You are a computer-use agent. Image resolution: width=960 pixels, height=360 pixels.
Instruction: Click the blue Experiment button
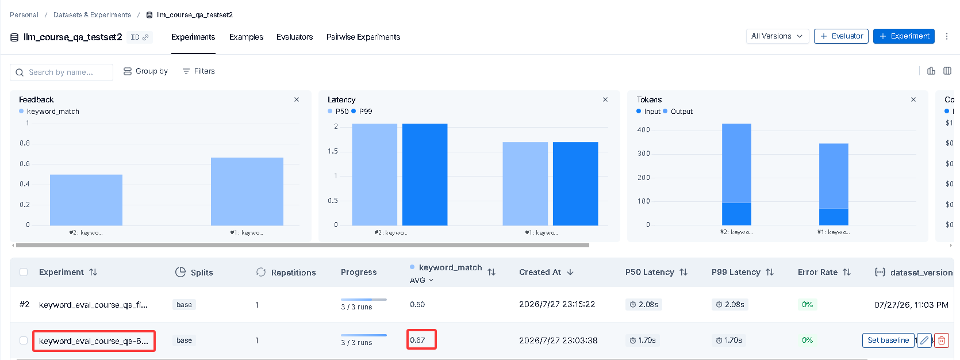(x=904, y=36)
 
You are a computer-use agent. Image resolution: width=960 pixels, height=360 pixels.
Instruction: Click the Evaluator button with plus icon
(x=841, y=36)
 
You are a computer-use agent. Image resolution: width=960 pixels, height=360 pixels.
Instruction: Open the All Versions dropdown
(x=777, y=36)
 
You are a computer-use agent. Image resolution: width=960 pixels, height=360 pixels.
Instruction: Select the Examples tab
(x=246, y=37)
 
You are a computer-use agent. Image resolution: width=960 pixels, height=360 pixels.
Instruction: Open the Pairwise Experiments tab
(x=363, y=37)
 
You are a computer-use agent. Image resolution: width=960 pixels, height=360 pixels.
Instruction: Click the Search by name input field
(x=62, y=72)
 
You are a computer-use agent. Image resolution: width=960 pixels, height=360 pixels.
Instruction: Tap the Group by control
(x=145, y=71)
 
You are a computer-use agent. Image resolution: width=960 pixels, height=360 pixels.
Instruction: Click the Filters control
(x=198, y=71)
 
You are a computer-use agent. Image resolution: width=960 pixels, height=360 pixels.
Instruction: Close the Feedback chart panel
(x=297, y=99)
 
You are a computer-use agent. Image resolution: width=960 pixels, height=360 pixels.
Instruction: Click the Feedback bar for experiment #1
(x=247, y=191)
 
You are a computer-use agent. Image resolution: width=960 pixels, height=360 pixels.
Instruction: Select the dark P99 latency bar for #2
(x=425, y=174)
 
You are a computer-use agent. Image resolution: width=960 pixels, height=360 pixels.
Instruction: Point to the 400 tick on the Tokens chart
(x=643, y=130)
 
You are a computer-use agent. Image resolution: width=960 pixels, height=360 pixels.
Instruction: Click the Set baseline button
(x=888, y=340)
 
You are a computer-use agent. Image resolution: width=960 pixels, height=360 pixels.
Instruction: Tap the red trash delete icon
(x=942, y=340)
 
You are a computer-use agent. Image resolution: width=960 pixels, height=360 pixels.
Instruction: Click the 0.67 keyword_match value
(x=417, y=340)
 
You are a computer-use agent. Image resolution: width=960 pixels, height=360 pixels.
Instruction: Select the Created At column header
(x=540, y=272)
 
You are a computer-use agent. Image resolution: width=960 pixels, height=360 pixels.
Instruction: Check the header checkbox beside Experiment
(x=24, y=272)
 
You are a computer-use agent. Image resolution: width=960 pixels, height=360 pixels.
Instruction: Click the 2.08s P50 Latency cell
(x=644, y=304)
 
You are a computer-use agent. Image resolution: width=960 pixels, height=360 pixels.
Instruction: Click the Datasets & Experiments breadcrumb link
(x=92, y=15)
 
